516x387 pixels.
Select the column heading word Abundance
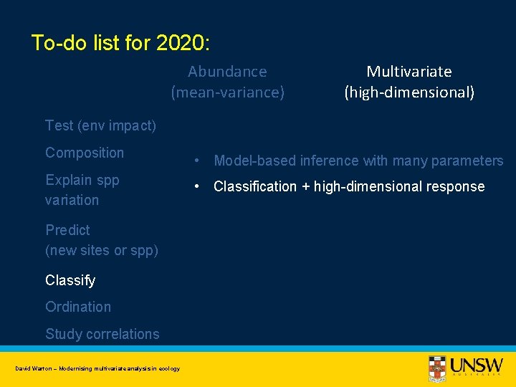tap(227, 72)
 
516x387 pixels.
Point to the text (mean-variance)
tap(227, 92)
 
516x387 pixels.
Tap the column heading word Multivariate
tap(409, 72)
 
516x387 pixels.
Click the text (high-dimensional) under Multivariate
tap(409, 92)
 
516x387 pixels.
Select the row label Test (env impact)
tap(100, 125)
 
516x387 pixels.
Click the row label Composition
tap(85, 153)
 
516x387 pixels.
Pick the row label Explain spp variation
tap(82, 190)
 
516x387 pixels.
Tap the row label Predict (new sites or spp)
tap(101, 240)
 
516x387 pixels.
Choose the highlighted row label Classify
tap(70, 280)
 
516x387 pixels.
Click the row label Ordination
tap(78, 307)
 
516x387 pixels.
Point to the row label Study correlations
tap(102, 334)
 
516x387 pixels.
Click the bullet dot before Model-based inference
tap(194, 161)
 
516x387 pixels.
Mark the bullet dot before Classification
tap(194, 186)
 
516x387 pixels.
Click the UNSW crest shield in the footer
tap(437, 366)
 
